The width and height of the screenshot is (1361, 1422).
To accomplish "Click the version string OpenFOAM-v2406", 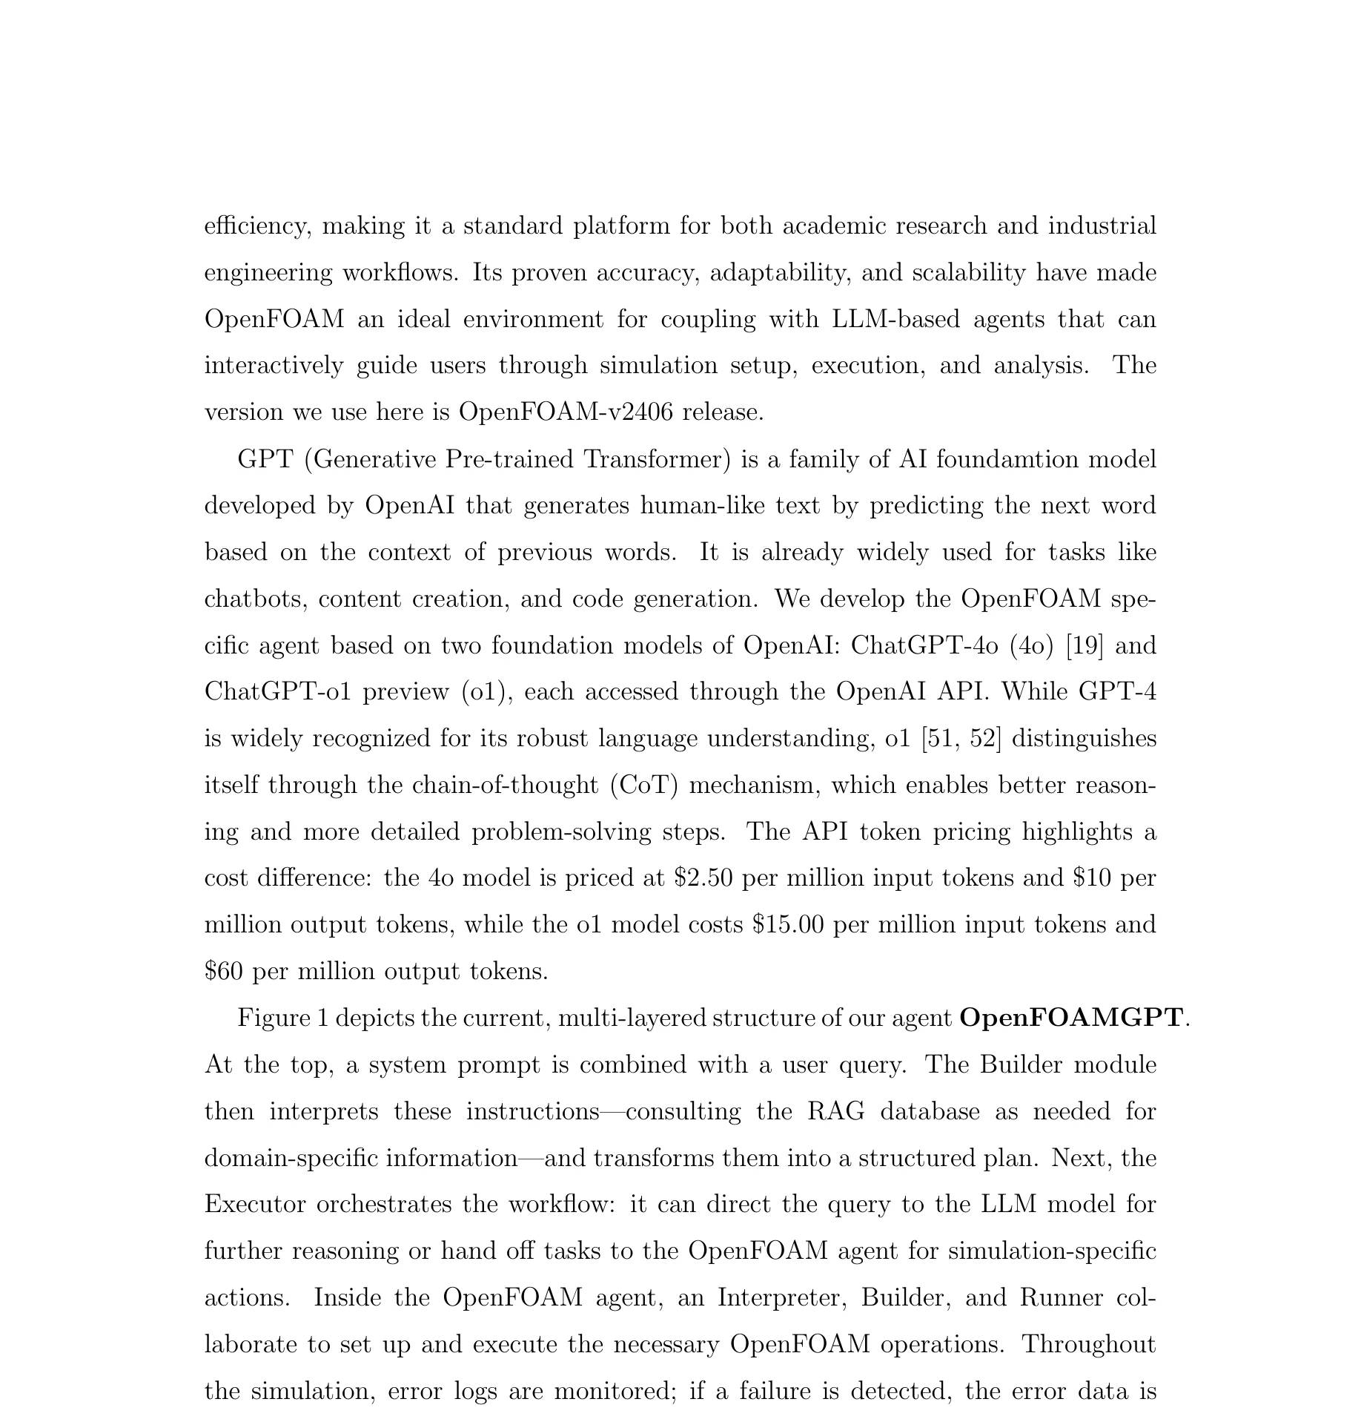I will point(566,412).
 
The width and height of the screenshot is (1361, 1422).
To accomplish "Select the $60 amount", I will point(223,971).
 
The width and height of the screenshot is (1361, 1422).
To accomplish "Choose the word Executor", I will point(255,1204).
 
